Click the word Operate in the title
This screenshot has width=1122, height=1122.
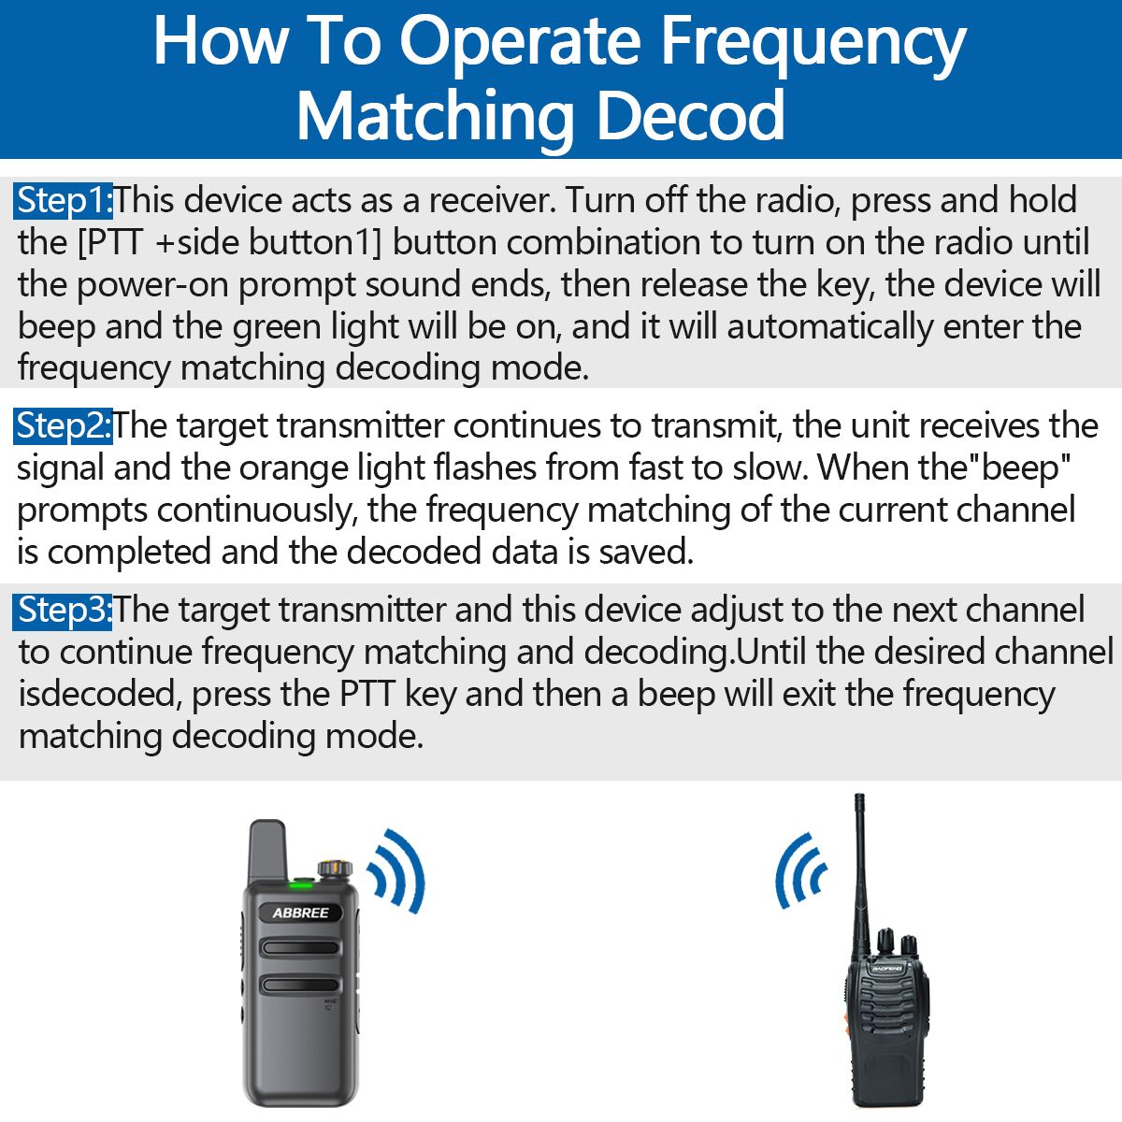click(x=520, y=43)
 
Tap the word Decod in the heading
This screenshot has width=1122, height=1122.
click(x=690, y=117)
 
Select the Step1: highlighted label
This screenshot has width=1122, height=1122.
click(x=64, y=201)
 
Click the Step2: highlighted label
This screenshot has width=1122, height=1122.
click(x=64, y=426)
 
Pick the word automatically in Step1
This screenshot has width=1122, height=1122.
click(x=830, y=327)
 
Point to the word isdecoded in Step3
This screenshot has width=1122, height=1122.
click(x=99, y=695)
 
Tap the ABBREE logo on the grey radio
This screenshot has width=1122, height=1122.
click(x=300, y=913)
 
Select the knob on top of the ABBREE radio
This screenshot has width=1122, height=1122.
click(x=330, y=869)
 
